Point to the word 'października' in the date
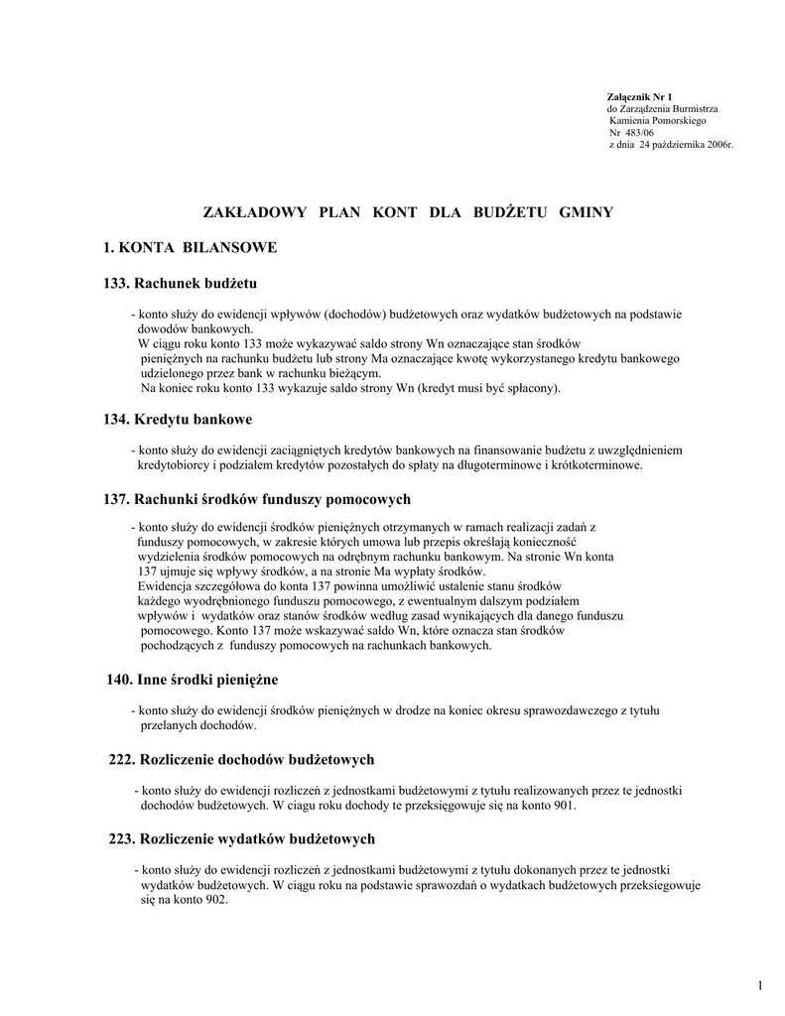pos(677,145)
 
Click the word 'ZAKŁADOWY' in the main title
pos(250,212)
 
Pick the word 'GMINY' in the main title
pos(587,212)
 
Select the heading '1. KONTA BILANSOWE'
pos(190,247)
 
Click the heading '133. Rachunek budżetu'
pos(180,284)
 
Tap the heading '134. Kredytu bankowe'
pos(178,420)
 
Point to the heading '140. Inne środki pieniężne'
pos(193,680)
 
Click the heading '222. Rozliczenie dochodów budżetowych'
pos(241,759)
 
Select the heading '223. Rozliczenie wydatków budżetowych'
pos(241,838)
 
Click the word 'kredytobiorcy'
pos(170,464)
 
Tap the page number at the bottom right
pos(758,984)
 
